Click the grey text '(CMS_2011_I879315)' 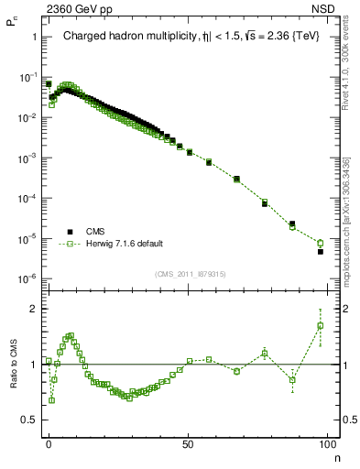(191, 274)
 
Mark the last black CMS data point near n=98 (321, 251)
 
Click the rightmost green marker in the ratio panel (321, 325)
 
